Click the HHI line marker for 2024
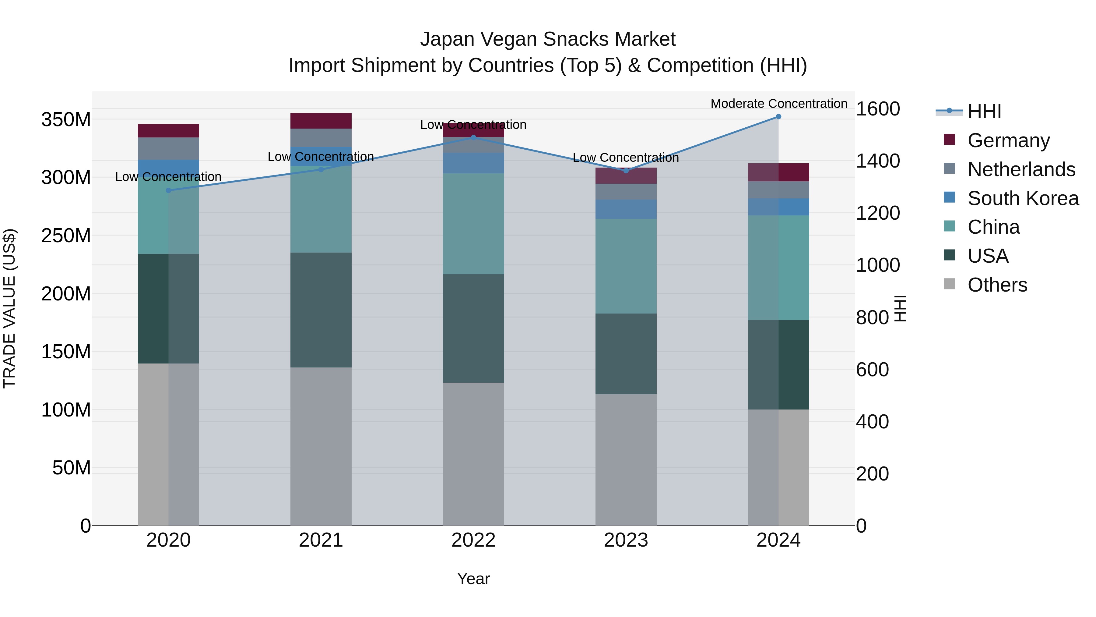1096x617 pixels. (x=778, y=117)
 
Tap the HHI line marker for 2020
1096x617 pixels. (x=168, y=190)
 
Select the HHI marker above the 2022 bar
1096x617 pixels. (x=473, y=137)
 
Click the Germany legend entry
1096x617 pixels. (x=1008, y=140)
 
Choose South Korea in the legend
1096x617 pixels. (x=1023, y=198)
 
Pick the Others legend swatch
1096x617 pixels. (x=949, y=284)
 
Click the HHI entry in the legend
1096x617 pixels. (x=984, y=112)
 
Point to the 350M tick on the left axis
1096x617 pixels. (x=66, y=120)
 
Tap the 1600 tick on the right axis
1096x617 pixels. (x=877, y=109)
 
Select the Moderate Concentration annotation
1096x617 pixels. (x=778, y=104)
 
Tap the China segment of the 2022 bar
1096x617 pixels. (x=473, y=224)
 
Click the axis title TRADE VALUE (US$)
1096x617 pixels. (x=9, y=308)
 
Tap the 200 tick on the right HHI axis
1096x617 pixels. (x=872, y=474)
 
